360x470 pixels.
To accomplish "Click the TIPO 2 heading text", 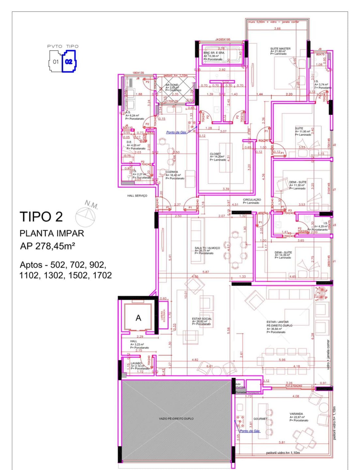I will [41, 217].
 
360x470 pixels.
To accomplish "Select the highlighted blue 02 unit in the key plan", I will [69, 61].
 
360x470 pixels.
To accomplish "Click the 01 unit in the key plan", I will [56, 62].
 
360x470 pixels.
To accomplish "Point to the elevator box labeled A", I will [138, 318].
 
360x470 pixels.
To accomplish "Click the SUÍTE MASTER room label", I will [280, 49].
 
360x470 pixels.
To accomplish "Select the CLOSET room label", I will [216, 154].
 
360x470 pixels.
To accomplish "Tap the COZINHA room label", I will [172, 172].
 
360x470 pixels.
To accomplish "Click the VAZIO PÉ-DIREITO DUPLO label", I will [176, 419].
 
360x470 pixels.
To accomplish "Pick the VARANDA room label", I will [296, 414].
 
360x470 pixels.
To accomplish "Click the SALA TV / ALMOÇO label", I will [207, 248].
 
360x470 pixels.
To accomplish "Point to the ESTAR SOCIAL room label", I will [202, 319].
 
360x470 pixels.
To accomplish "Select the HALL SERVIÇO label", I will [137, 196].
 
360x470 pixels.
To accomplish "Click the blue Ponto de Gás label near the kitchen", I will [176, 132].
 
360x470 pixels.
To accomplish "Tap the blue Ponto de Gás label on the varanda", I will [250, 431].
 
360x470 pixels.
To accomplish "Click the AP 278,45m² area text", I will [48, 246].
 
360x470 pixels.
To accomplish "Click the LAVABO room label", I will [136, 363].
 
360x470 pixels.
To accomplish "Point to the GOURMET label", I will [260, 419].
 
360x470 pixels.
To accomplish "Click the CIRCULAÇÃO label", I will [252, 200].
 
